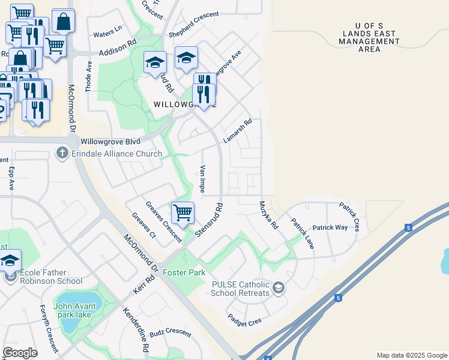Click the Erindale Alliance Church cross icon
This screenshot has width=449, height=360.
62,154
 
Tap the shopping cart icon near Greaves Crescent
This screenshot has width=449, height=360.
182,212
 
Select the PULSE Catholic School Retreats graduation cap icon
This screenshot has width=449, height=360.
278,289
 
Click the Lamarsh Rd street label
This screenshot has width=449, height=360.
237,131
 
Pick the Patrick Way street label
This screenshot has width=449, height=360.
330,228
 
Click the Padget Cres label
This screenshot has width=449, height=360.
244,321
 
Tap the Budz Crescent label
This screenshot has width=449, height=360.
170,332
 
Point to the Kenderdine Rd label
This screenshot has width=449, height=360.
136,330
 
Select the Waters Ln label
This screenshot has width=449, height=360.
107,28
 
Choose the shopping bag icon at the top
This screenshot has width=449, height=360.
63,21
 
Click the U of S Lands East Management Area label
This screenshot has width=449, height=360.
369,37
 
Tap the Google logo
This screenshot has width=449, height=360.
20,353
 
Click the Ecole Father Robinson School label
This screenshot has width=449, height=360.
51,277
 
